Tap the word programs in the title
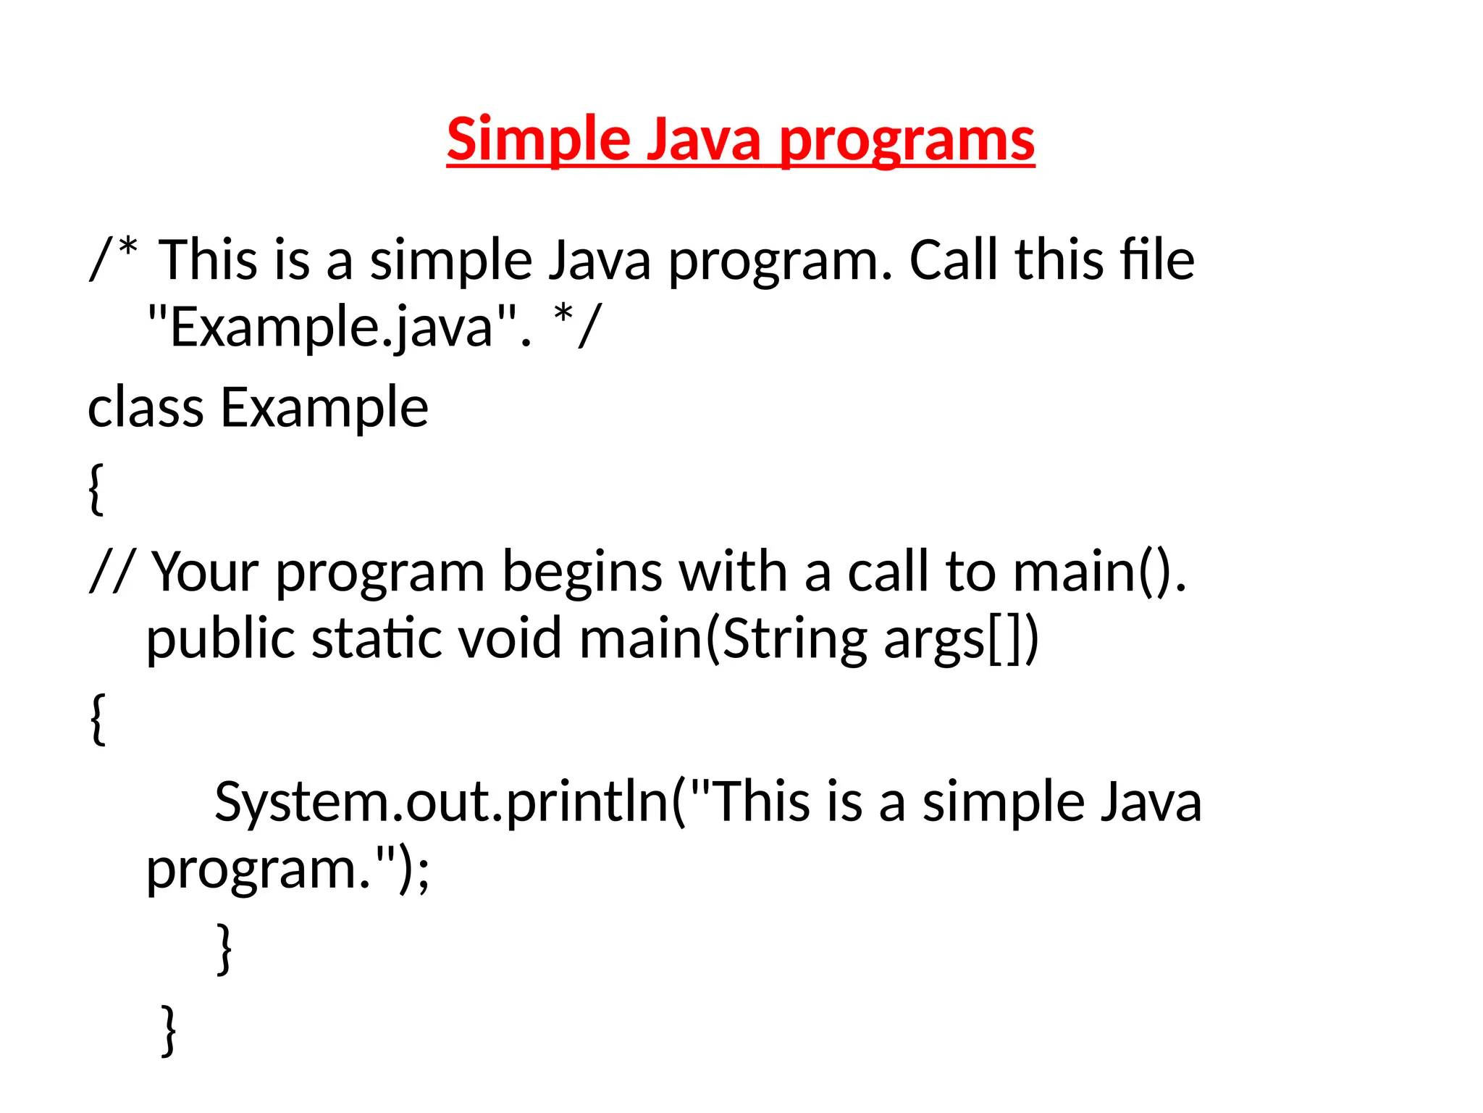click(x=907, y=141)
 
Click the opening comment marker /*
click(x=113, y=259)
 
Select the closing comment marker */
click(x=576, y=325)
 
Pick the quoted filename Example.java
click(x=332, y=327)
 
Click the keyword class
click(x=146, y=407)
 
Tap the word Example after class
click(x=324, y=409)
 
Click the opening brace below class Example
click(x=96, y=489)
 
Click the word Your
click(x=205, y=572)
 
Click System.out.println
click(x=442, y=802)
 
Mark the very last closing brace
click(x=168, y=1030)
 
